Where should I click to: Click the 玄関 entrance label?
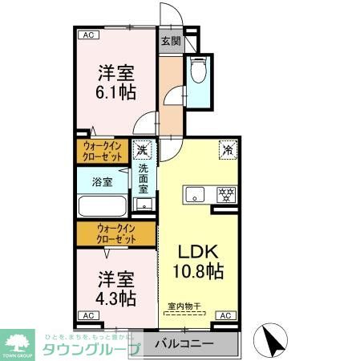click(x=169, y=42)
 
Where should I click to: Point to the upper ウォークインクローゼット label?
click(x=102, y=151)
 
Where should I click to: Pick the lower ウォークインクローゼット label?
click(x=116, y=233)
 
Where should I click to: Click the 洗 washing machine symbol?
click(x=143, y=148)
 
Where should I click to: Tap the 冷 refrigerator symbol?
click(x=228, y=148)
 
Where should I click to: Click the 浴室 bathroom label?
click(x=102, y=181)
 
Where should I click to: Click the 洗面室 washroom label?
click(x=144, y=183)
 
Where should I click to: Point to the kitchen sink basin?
click(x=195, y=193)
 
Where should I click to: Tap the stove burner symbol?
click(x=226, y=193)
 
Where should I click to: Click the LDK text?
click(x=196, y=249)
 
